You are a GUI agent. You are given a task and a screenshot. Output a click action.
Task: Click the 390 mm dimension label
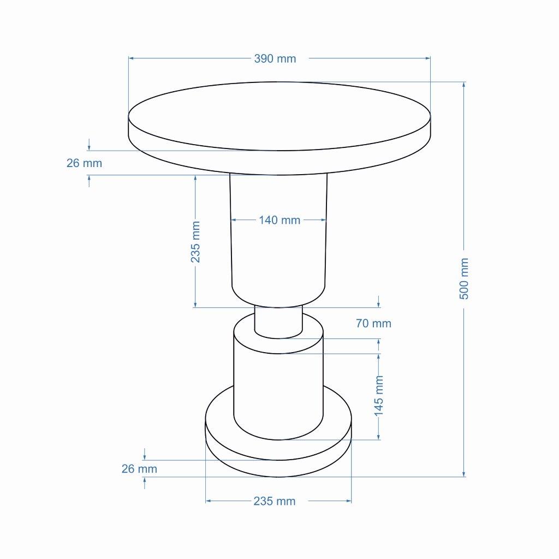coord(275,58)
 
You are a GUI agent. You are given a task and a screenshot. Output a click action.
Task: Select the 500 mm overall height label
coord(463,278)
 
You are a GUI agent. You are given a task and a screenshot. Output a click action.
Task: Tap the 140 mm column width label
coord(279,220)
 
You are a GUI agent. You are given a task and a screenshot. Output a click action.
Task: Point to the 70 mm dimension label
coord(373,323)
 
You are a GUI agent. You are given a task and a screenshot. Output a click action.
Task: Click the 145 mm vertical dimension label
coord(379,395)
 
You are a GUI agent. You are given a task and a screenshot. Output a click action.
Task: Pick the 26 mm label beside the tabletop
coord(84,163)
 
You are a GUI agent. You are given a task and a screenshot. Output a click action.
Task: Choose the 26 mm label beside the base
coord(139,468)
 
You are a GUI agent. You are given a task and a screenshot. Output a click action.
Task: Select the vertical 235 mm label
coord(195,242)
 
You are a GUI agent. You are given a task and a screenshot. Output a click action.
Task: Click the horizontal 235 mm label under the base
coord(274,501)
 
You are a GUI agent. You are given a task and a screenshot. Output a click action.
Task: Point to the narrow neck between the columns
coord(278,322)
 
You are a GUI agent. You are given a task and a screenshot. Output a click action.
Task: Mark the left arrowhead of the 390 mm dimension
coord(131,58)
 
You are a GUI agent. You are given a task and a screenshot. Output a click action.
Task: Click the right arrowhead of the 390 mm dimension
coord(428,58)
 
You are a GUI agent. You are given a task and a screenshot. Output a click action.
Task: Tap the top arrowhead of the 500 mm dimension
coord(463,84)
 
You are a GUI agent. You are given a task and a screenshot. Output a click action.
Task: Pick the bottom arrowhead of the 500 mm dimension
coord(463,474)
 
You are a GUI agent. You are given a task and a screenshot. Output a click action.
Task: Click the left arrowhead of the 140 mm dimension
coord(233,220)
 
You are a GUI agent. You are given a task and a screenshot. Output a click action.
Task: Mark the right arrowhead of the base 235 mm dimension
coord(349,501)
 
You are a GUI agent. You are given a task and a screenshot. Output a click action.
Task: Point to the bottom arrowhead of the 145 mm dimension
coord(379,437)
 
